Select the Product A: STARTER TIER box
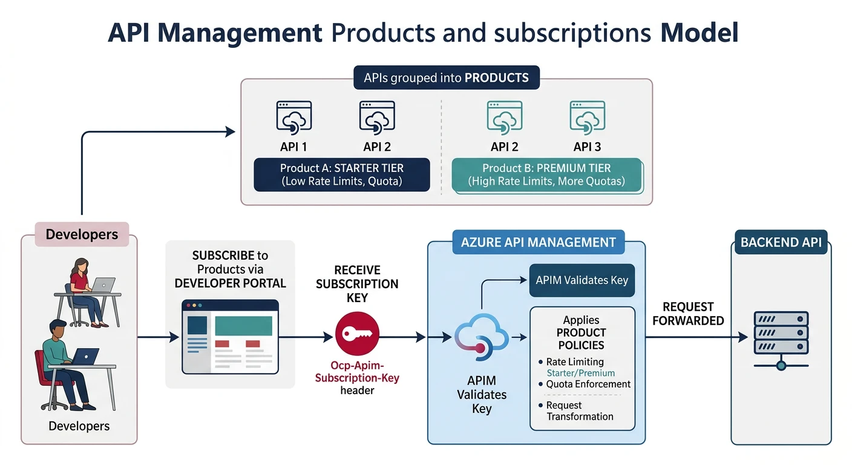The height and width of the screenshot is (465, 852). coord(341,175)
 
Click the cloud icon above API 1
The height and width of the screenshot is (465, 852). coord(294,117)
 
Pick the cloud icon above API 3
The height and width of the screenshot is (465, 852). coord(587,117)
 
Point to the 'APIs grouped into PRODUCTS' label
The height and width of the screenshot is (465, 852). coord(446,78)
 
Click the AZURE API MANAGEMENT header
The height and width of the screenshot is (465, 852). coord(538,243)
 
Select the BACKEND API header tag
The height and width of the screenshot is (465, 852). coord(781,243)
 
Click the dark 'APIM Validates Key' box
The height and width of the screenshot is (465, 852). coord(582,280)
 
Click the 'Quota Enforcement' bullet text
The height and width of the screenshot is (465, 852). coord(588,384)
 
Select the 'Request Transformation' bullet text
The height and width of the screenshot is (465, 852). coord(579,411)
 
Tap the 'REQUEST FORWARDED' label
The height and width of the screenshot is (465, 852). coord(688,314)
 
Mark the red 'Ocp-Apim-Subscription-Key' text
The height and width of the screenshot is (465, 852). coord(357,372)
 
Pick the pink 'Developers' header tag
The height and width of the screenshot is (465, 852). coord(82,234)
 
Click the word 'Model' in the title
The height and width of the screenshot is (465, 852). coord(699,33)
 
